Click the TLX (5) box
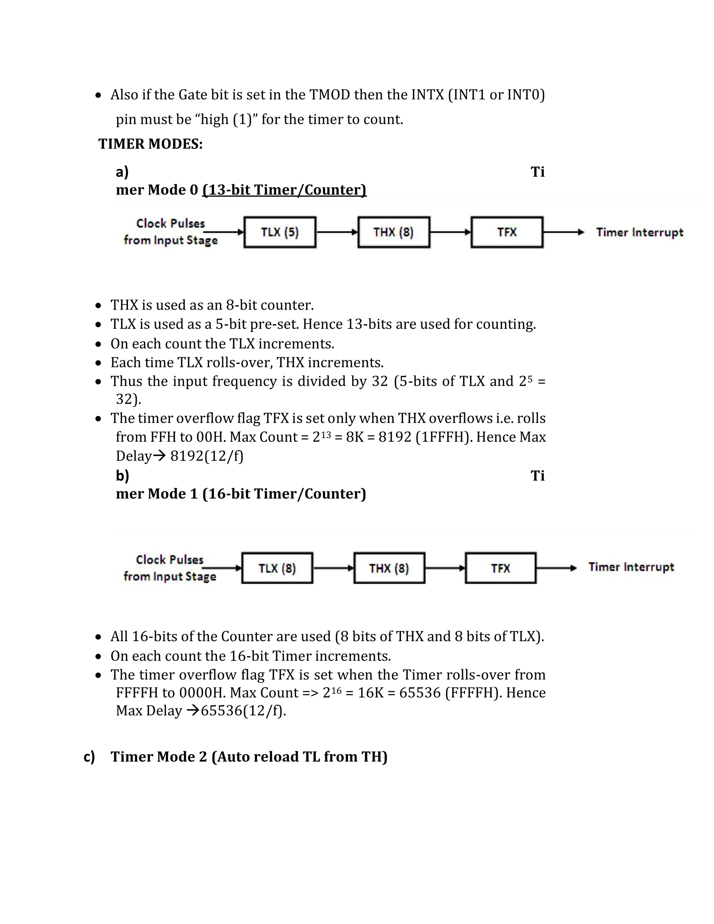(280, 232)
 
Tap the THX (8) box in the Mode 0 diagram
(393, 232)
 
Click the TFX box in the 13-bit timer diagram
(507, 232)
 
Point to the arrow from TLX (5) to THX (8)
(337, 232)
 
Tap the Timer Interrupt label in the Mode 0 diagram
(639, 232)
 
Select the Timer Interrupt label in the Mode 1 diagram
(631, 567)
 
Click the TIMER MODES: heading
(151, 144)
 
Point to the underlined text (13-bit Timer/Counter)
(284, 190)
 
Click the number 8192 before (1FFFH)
(395, 437)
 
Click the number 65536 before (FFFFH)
(420, 692)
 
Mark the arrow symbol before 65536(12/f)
(192, 711)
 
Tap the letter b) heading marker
(122, 476)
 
